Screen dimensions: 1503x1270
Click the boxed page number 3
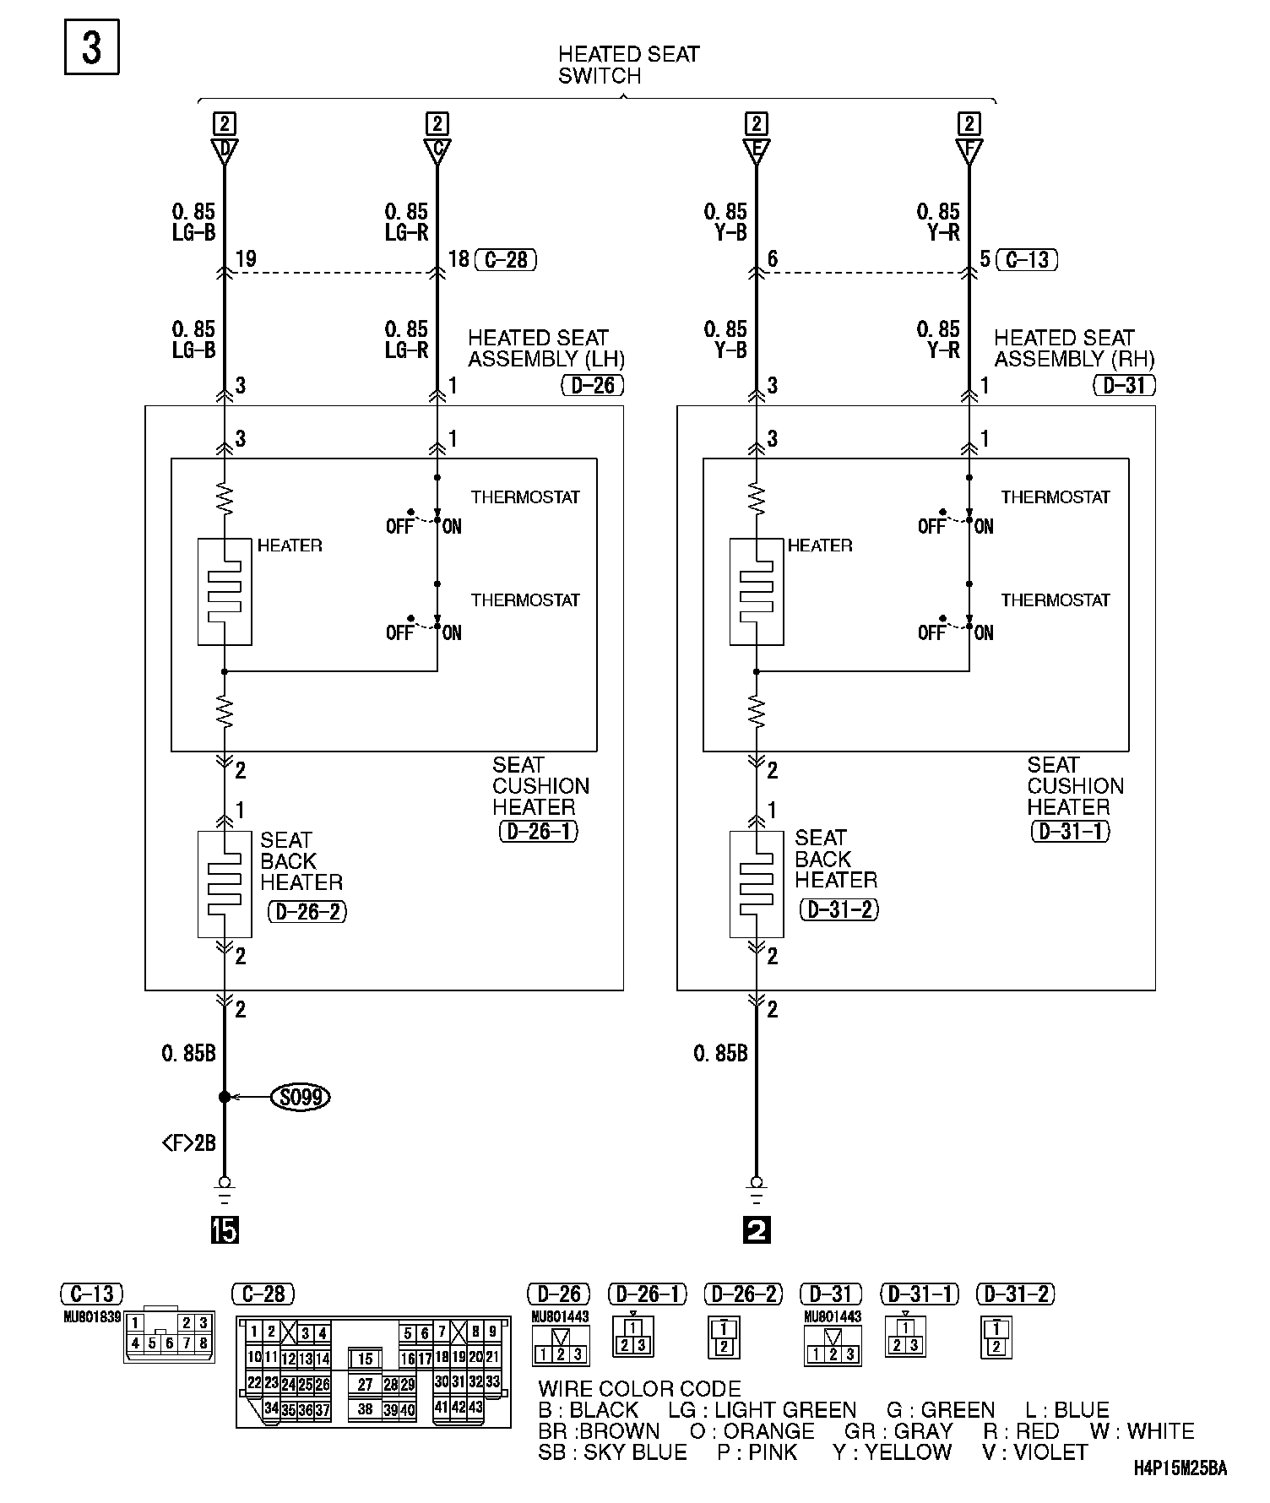pos(91,47)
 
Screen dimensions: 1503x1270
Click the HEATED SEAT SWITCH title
pos(628,65)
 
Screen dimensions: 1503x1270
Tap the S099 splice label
pos(300,1097)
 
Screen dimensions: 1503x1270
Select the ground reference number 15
pos(225,1231)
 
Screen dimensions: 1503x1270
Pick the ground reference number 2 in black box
pos(757,1231)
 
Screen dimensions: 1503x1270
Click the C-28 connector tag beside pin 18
pos(506,259)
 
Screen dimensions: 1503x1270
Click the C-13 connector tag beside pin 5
pos(1027,259)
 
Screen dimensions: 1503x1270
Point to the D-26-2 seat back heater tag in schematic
pos(307,912)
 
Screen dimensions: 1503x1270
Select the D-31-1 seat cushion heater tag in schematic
pos(1071,831)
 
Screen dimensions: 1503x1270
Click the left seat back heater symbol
pos(225,884)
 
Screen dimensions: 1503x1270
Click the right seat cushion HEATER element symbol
pos(757,592)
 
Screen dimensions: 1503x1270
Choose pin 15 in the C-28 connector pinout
pos(365,1359)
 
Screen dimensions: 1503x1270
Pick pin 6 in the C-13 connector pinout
pos(169,1343)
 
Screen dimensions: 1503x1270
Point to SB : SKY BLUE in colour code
pos(612,1452)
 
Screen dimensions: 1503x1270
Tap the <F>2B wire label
pos(188,1143)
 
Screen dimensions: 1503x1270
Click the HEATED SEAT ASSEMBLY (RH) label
pos(1073,348)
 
